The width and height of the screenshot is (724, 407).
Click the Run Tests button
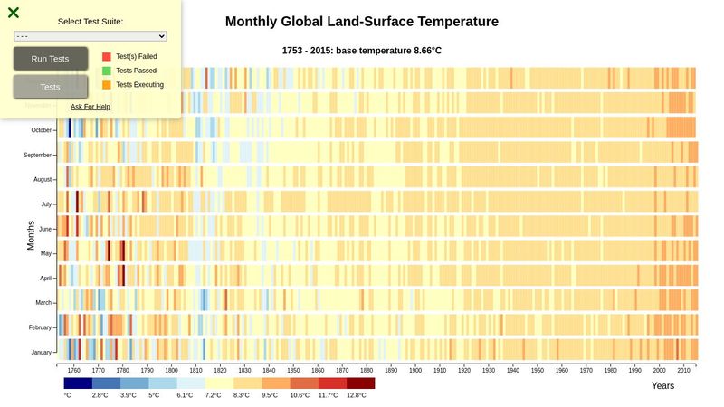[50, 59]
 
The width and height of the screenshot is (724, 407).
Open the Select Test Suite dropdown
[90, 36]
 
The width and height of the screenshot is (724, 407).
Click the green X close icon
[14, 13]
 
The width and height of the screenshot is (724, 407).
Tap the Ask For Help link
[90, 107]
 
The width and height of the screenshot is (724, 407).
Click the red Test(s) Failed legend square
[107, 56]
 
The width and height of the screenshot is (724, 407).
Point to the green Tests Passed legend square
[107, 71]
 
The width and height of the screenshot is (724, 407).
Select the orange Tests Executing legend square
[107, 85]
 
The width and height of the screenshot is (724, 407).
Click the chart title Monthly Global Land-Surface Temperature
[361, 22]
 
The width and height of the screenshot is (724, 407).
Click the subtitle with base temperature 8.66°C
[362, 51]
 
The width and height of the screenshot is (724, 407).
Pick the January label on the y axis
[42, 352]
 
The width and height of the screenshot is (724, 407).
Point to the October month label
[42, 130]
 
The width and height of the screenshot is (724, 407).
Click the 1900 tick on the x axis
[415, 370]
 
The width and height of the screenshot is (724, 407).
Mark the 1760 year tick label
[74, 370]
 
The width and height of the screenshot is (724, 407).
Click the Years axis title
[662, 386]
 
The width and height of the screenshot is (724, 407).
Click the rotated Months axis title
[31, 235]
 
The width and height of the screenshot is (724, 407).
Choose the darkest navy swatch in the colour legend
[78, 383]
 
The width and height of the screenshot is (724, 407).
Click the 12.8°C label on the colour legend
[357, 395]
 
